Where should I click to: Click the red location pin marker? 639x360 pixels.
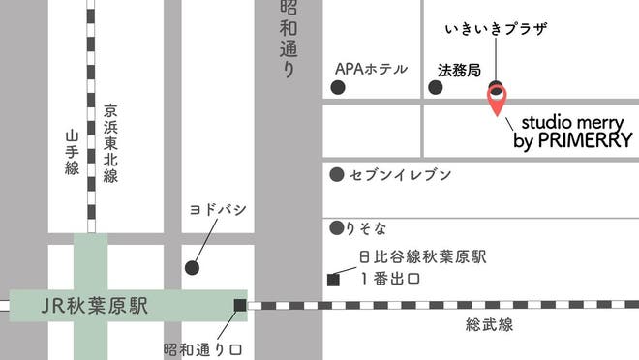(x=497, y=98)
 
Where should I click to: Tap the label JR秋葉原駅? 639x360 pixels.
(x=95, y=307)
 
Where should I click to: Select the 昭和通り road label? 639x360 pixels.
(x=288, y=39)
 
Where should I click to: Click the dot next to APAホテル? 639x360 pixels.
(x=338, y=88)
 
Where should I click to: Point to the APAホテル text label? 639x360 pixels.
(x=371, y=70)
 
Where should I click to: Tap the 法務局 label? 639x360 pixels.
(x=459, y=71)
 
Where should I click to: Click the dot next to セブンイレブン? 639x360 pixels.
(x=336, y=175)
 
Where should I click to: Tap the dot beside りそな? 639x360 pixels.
(x=336, y=229)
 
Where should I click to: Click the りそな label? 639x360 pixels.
(x=368, y=229)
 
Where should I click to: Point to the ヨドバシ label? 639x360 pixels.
(x=219, y=210)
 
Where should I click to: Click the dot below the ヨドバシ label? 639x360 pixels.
(x=192, y=267)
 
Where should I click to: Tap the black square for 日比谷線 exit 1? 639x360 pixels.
(x=333, y=281)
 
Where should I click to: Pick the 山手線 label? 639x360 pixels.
(x=72, y=153)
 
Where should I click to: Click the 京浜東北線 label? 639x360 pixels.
(x=111, y=142)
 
